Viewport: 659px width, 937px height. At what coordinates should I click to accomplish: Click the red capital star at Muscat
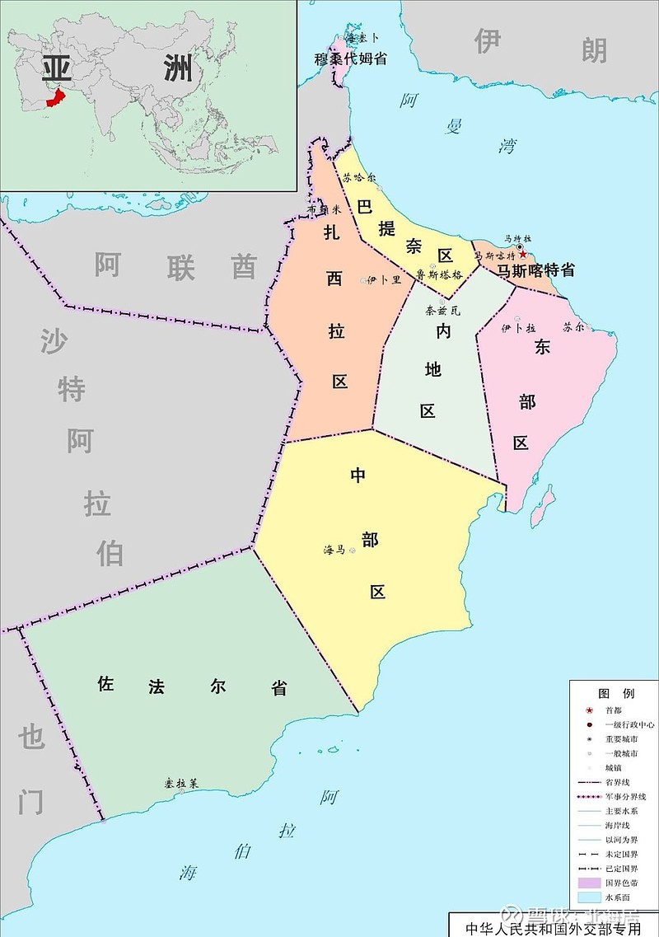pyautogui.click(x=522, y=255)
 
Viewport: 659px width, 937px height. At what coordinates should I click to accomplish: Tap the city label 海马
pyautogui.click(x=334, y=550)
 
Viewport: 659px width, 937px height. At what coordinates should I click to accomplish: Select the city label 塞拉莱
pyautogui.click(x=181, y=783)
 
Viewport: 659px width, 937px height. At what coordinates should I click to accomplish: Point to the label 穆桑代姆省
pyautogui.click(x=351, y=59)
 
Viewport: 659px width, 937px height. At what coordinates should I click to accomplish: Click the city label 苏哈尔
pyautogui.click(x=358, y=177)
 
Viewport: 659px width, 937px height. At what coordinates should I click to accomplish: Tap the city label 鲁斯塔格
pyautogui.click(x=439, y=275)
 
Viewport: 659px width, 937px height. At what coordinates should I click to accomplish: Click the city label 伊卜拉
pyautogui.click(x=519, y=327)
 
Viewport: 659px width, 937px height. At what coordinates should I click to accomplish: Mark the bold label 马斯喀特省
pyautogui.click(x=535, y=269)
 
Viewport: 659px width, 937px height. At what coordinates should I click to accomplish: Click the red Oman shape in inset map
pyautogui.click(x=56, y=96)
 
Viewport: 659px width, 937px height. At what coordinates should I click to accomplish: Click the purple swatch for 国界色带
pyautogui.click(x=588, y=882)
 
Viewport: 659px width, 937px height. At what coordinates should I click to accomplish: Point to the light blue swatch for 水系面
pyautogui.click(x=588, y=897)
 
